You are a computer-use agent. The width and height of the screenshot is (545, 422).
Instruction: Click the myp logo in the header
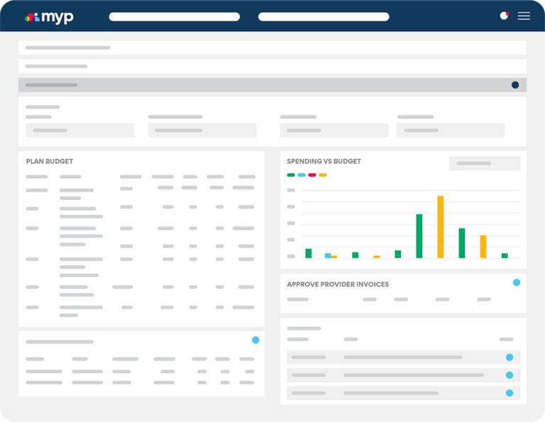pos(49,17)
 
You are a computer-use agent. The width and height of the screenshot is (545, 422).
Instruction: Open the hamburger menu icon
pos(524,16)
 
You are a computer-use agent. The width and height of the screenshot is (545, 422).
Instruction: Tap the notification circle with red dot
pos(505,16)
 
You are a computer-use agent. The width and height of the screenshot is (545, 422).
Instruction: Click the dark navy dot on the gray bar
pos(515,85)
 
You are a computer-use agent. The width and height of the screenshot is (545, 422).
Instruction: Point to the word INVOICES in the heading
pos(370,284)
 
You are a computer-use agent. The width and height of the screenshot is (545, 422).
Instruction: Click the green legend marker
pos(291,174)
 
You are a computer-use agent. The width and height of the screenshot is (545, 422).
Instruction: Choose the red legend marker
pos(312,174)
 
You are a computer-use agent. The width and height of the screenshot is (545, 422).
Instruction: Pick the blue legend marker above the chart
pos(302,174)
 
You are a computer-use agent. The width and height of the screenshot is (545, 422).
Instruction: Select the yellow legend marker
pos(323,174)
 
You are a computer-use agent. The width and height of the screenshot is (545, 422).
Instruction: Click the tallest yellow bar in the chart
pos(441,227)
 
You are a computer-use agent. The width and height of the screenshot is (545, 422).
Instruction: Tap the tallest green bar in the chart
pos(419,236)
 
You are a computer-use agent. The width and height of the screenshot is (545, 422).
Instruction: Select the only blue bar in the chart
pos(328,255)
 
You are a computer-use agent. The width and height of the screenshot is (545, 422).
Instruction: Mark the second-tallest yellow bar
pos(483,247)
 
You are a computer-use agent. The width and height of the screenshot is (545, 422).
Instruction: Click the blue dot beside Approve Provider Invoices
pos(517,282)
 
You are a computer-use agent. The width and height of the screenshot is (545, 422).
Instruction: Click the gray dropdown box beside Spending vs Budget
pos(485,163)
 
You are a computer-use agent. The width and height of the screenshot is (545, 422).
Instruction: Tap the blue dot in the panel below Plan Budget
pos(255,340)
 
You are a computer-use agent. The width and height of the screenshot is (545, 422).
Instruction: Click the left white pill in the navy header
pos(174,17)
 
